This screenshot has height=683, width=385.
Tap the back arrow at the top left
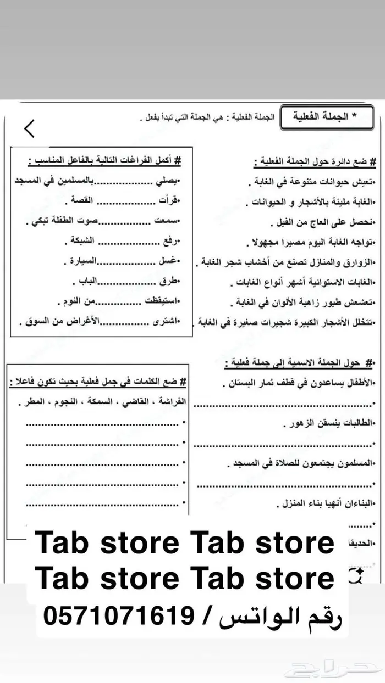[x=29, y=128]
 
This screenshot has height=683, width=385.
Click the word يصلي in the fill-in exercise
[x=172, y=181]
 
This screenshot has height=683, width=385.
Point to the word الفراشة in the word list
[x=170, y=402]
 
